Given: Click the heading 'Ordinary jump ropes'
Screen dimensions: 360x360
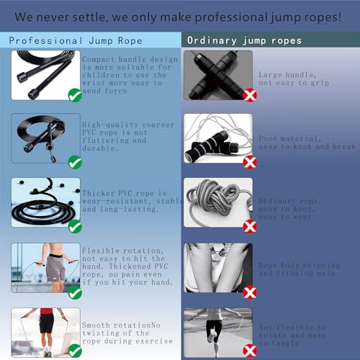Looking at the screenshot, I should coord(244,40).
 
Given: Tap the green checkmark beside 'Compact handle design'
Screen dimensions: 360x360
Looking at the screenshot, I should coord(74,95).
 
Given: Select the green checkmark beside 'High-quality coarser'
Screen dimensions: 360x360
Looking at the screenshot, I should coord(74,162).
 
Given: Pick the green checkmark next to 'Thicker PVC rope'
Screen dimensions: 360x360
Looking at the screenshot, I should coord(74,228).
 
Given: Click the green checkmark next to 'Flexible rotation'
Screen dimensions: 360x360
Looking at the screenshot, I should coord(74,292).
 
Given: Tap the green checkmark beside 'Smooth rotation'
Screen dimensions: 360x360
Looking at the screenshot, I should coord(74,351).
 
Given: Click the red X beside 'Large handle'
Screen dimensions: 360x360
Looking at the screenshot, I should coord(250,95).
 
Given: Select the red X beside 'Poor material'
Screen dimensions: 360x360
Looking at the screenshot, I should coord(250,162).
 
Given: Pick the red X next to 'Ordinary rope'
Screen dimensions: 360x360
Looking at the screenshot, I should coord(250,228).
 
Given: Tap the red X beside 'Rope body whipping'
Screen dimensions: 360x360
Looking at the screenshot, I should coord(250,292).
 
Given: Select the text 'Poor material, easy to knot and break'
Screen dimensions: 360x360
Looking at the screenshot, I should coord(305,142).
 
